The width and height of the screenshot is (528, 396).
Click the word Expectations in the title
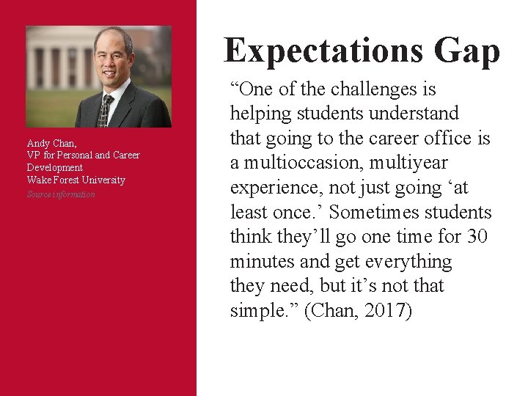coord(323,51)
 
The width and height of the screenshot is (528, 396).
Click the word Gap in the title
coord(466,51)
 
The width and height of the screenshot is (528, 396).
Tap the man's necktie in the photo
coord(106,110)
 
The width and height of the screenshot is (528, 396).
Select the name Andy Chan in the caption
coord(51,144)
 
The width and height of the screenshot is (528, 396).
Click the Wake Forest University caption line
coord(76,180)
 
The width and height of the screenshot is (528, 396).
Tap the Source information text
coord(61,194)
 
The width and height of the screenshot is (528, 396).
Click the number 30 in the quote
coord(476,237)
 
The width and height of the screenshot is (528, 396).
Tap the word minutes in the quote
coord(267,262)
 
